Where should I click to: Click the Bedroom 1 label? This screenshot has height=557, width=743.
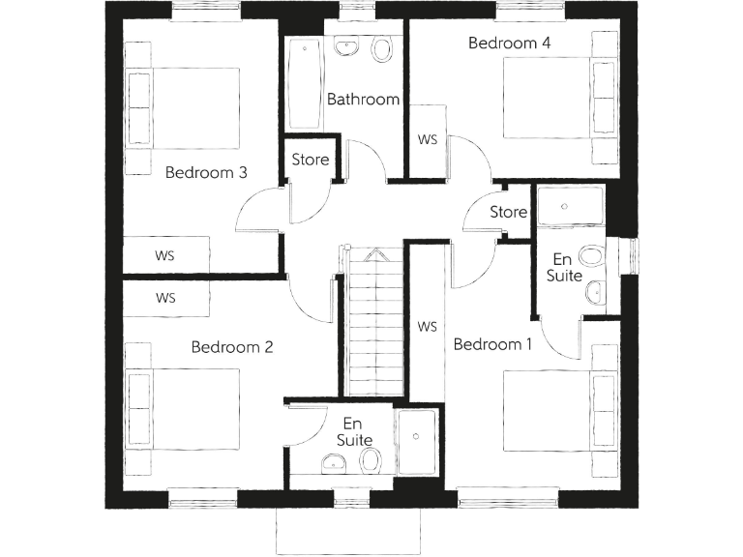point(492,344)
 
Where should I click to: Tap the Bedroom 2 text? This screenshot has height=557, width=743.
point(231,347)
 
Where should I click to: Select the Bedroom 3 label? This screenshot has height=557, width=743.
point(206,172)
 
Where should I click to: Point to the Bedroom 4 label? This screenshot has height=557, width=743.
point(509,43)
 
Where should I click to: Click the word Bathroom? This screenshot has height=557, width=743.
point(363,99)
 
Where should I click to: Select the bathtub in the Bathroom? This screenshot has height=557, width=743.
point(302,84)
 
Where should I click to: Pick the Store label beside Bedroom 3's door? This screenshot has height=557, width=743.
point(311,160)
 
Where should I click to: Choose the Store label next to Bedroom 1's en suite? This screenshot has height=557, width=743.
point(508,212)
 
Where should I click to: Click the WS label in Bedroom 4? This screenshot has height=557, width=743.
point(428,139)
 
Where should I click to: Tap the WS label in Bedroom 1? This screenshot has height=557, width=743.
point(428,326)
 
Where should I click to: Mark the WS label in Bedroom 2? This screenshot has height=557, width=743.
point(165,298)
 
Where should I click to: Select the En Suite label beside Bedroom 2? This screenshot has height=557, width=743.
point(354,431)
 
